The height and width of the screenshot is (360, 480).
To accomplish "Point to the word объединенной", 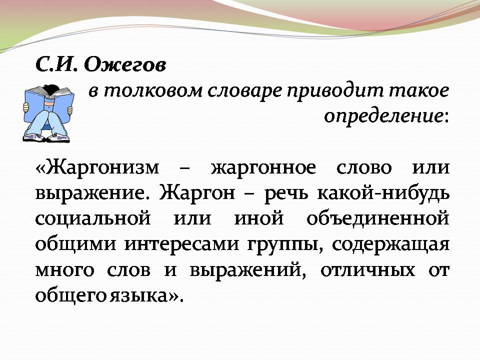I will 376,219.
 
